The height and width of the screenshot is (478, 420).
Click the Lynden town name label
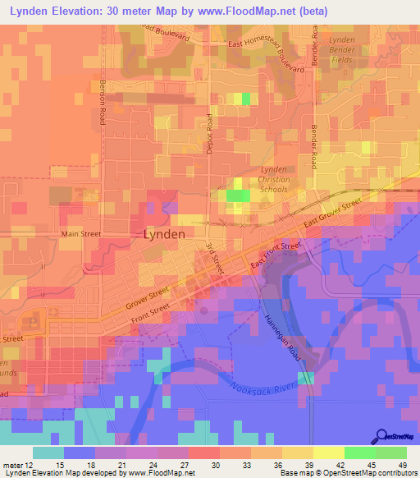point(164,233)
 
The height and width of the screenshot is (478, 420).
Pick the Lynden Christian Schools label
point(274,179)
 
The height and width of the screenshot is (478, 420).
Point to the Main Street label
point(81,234)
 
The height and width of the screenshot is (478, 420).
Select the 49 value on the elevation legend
point(402,466)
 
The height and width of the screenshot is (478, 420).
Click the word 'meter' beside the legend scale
point(11,466)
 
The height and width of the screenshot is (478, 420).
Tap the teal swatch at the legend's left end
point(48,453)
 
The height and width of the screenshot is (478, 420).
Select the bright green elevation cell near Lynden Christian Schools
point(238,195)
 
